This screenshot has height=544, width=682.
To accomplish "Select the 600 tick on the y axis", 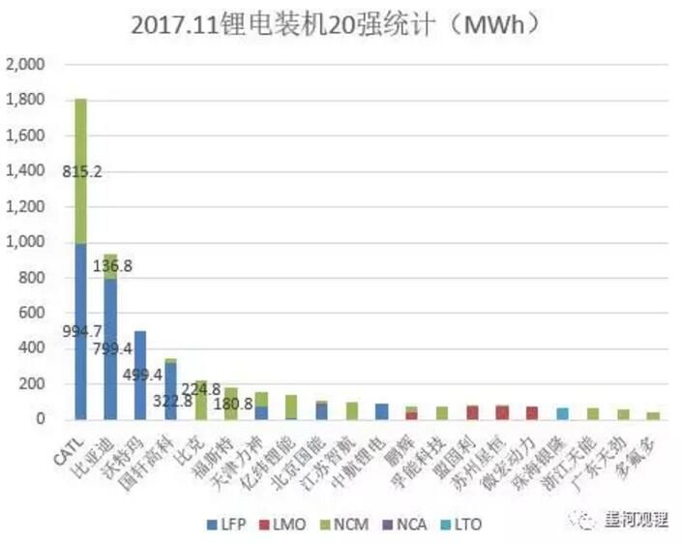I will [32, 314].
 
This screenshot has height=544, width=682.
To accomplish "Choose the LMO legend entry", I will [286, 526].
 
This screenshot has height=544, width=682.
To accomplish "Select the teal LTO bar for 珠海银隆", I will [561, 413].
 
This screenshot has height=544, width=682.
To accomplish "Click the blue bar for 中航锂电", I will [381, 411].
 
